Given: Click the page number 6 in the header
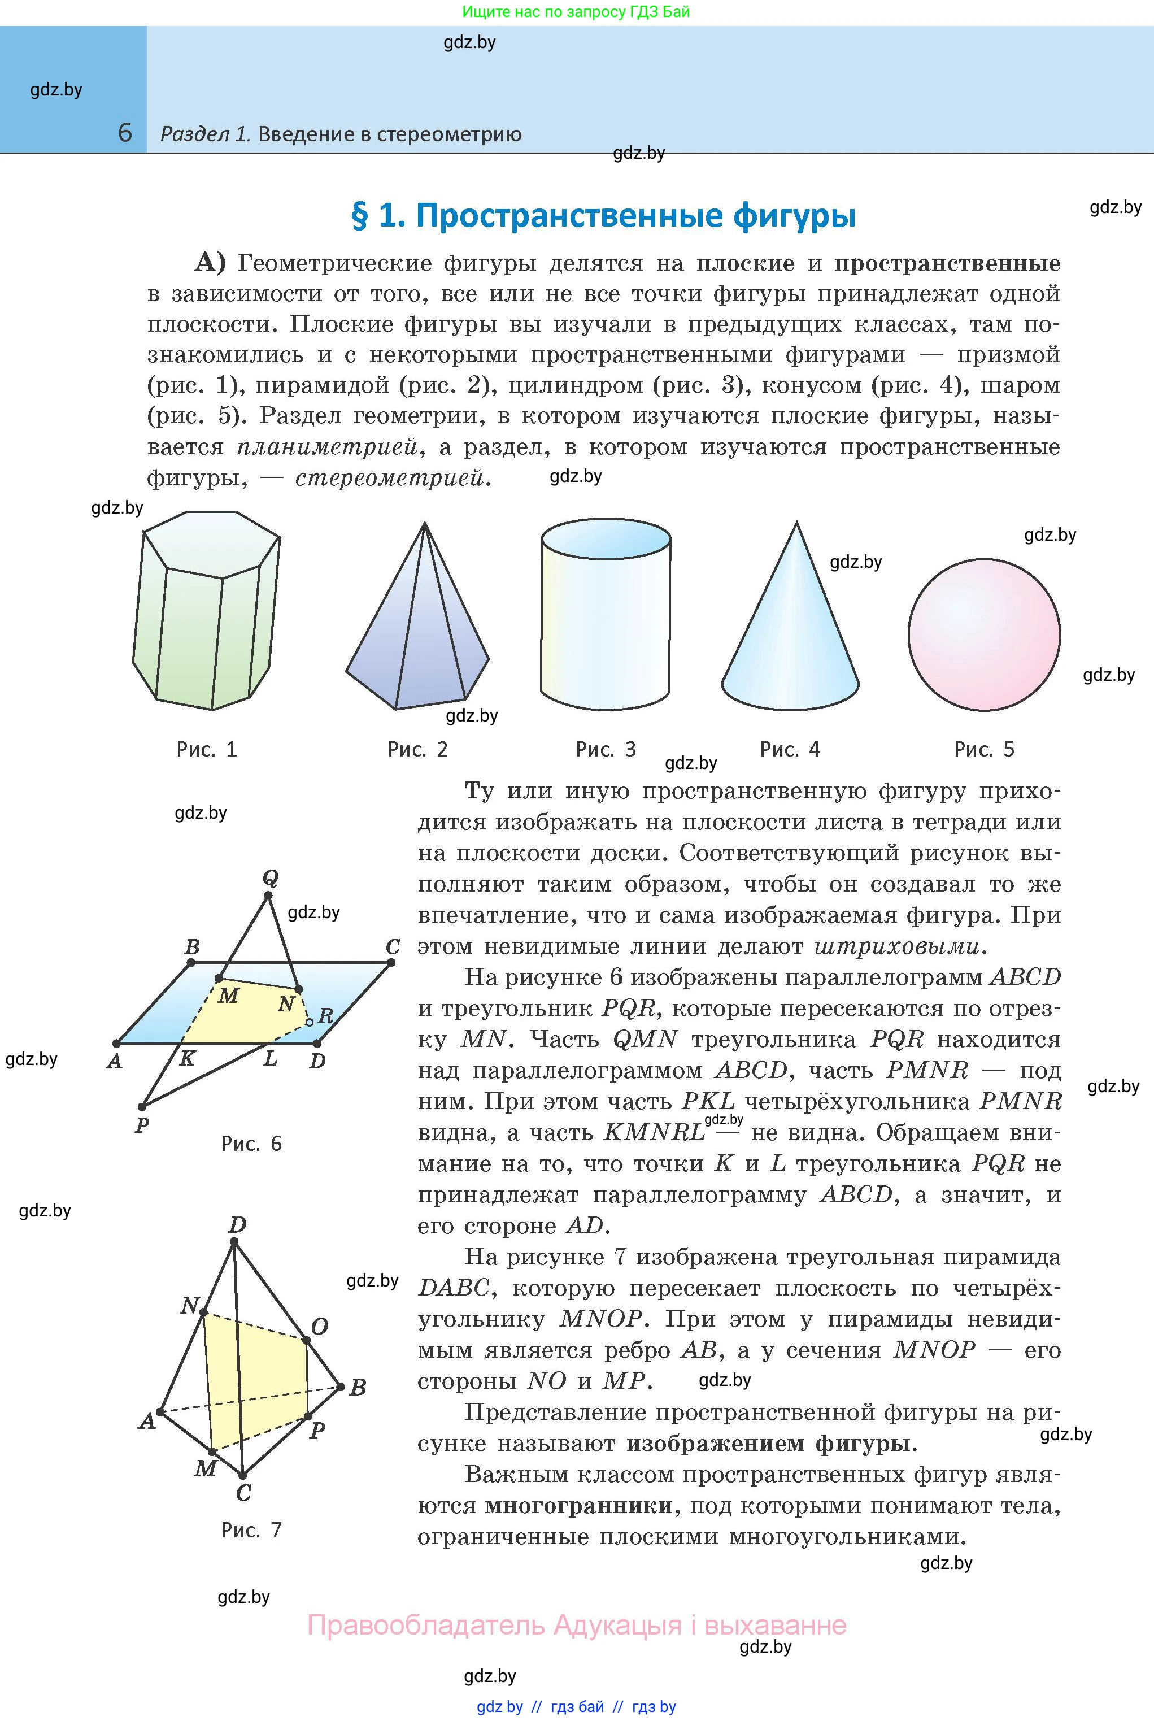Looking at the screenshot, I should [x=125, y=133].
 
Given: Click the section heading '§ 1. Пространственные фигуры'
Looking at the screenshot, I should [x=603, y=216].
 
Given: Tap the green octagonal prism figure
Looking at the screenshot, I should [x=206, y=611].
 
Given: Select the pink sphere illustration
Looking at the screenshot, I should [x=984, y=634].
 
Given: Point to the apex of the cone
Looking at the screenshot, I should [x=796, y=524].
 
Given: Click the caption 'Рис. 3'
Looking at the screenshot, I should [x=605, y=749].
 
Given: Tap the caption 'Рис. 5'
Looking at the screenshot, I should [x=984, y=749].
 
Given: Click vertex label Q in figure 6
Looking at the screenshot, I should [x=270, y=877].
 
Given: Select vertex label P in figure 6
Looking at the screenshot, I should [x=142, y=1125].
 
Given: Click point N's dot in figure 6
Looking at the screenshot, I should [x=298, y=989].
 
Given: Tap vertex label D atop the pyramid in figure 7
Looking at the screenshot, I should [x=237, y=1225].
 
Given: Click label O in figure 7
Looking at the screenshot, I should [x=319, y=1327].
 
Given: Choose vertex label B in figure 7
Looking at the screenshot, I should [x=358, y=1388].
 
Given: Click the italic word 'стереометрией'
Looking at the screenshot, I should [x=390, y=479].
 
